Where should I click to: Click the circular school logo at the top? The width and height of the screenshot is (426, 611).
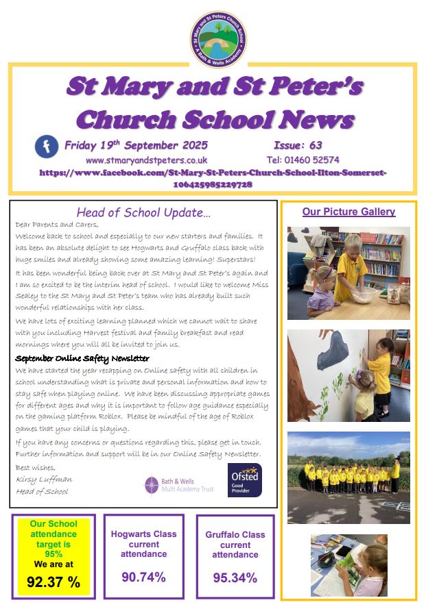coord(219,39)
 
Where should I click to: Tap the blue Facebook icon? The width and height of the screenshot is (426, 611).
coord(47,147)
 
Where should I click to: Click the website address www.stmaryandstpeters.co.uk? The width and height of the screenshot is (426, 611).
coord(147,160)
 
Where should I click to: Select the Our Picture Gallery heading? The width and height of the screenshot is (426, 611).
coord(348,212)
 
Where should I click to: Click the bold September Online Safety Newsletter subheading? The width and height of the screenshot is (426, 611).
coord(82,358)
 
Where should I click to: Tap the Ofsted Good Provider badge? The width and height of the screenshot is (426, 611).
coord(245,479)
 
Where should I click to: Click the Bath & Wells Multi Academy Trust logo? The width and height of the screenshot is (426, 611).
coord(179,484)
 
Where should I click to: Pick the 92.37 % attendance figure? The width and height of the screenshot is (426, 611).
coord(54,582)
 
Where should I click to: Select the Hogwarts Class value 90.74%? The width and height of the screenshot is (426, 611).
coord(143,577)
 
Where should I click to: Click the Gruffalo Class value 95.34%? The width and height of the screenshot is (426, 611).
coord(235,577)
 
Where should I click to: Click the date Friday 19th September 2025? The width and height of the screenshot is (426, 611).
coord(136,145)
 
